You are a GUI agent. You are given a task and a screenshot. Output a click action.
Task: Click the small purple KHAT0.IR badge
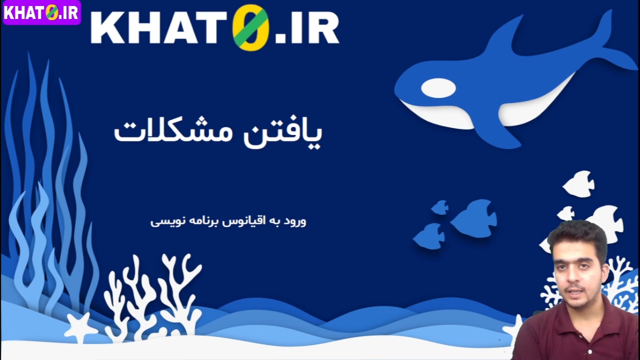point(42,12)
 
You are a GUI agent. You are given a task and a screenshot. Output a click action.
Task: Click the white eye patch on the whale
point(438,88)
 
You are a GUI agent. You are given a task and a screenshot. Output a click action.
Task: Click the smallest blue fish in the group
point(440,207)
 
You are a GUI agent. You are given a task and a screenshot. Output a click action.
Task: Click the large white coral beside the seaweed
point(153,293)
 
